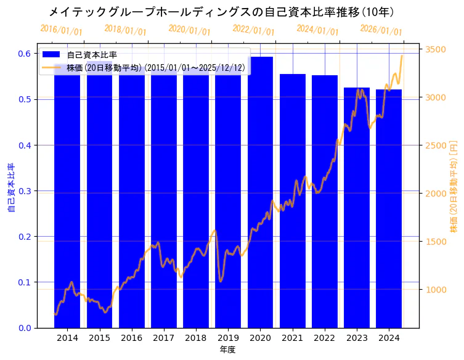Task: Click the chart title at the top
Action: [221, 12]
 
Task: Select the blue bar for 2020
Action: [260, 192]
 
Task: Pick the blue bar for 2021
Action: [292, 200]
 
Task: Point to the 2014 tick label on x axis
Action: [67, 338]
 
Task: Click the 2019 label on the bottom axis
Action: [228, 338]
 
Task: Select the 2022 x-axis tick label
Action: [324, 338]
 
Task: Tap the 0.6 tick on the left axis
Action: [25, 54]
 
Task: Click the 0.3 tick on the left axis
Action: [25, 191]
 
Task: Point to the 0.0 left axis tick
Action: [25, 328]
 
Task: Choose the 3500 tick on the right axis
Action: [435, 49]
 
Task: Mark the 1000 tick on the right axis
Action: [435, 290]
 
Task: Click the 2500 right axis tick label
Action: [435, 145]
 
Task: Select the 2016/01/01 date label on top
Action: [61, 30]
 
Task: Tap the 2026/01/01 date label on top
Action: [381, 30]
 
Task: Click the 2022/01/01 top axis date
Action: [253, 30]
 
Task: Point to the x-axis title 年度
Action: [227, 350]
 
